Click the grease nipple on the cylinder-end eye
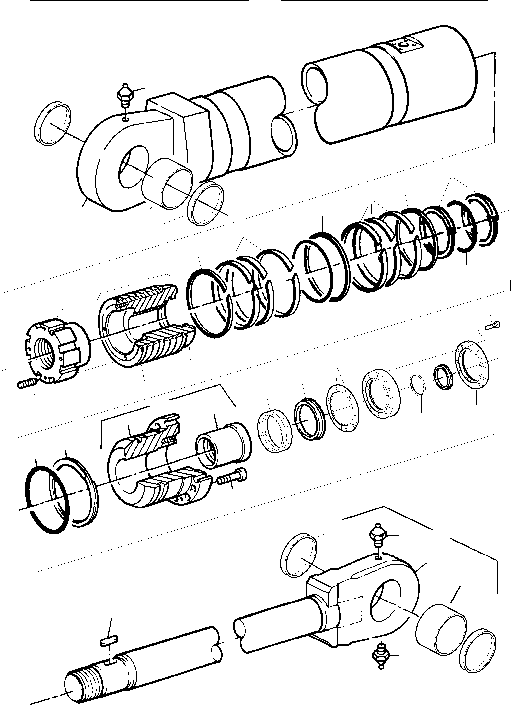click(125, 95)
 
